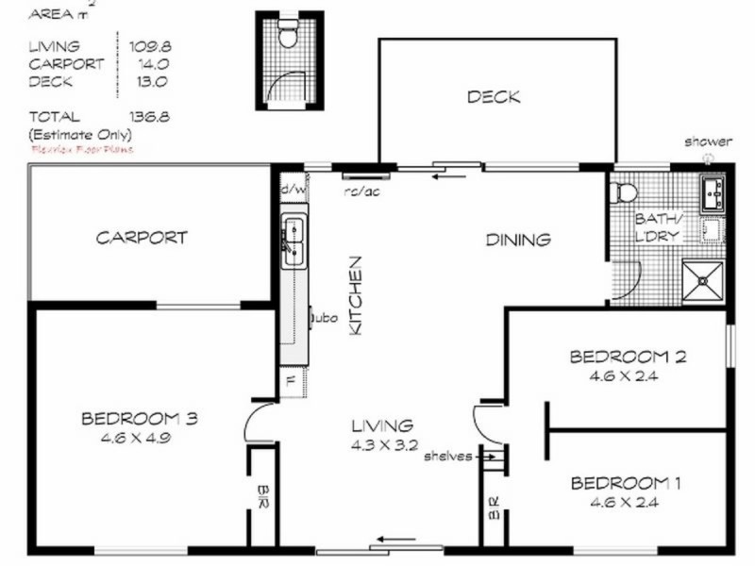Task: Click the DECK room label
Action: [493, 97]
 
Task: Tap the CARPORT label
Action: [142, 238]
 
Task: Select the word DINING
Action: [517, 240]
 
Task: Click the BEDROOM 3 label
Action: [138, 418]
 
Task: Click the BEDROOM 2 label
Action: [627, 357]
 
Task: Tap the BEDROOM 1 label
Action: [627, 484]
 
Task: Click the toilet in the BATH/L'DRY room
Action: [624, 192]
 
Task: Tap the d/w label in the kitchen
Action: [293, 189]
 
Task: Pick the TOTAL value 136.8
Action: [146, 117]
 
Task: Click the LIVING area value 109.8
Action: [146, 45]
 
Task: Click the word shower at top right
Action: [708, 141]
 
